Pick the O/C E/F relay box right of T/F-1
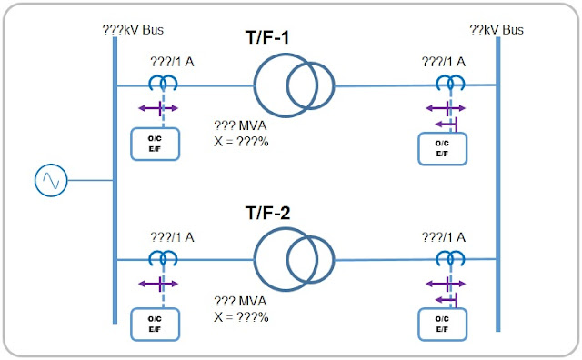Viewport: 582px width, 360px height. (442, 148)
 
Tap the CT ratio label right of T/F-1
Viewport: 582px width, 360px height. (444, 62)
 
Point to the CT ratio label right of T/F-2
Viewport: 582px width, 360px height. (444, 237)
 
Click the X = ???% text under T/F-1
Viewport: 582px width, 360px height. (240, 142)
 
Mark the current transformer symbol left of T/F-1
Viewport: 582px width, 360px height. (164, 84)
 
